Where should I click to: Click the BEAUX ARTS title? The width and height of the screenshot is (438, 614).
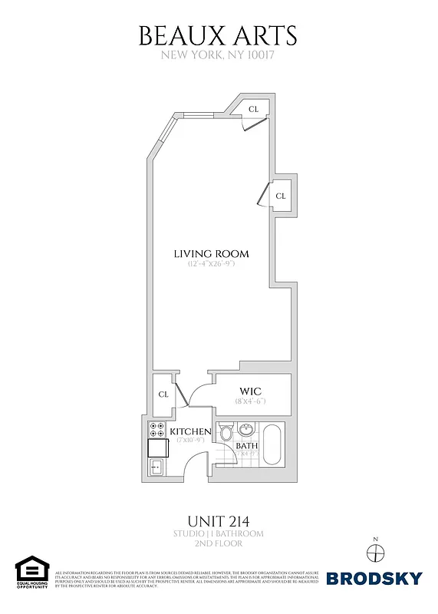coord(218,35)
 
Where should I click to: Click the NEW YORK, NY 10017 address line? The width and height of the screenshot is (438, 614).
coord(218,55)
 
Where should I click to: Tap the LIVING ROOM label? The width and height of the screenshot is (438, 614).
coord(211,254)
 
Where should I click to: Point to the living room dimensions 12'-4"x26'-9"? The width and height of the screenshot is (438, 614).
coord(211,264)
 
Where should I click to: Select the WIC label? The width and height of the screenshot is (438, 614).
coord(251,391)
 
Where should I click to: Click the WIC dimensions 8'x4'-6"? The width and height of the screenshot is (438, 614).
coord(251,401)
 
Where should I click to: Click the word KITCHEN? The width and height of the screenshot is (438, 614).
coord(189,432)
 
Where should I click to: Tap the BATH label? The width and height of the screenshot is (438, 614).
coord(246,446)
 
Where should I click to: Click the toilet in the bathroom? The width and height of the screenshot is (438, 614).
coord(226,434)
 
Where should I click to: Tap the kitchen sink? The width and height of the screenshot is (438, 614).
coord(156,465)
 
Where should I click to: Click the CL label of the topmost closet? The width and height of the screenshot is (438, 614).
coord(252,110)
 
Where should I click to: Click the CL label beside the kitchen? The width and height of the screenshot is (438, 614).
coord(163,394)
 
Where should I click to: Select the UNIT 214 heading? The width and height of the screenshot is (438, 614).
coord(218,519)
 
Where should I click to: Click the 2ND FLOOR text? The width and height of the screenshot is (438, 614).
coord(218,543)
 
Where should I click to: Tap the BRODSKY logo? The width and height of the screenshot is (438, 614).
coord(374,578)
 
